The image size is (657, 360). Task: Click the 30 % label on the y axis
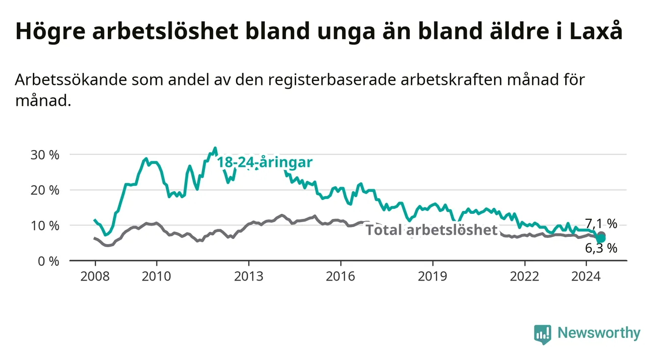45,155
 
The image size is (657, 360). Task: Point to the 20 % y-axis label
45,190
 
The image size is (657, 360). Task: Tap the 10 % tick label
45,226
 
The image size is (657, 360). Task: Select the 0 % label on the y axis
49,261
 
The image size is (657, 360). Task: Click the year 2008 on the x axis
95,277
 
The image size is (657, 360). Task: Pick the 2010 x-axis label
156,277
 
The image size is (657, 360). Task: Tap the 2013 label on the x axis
249,277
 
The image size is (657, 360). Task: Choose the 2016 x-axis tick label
341,277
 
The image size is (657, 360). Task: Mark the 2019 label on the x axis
432,277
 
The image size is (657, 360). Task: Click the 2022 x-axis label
525,277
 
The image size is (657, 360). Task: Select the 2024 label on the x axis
586,277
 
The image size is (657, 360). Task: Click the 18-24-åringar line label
265,162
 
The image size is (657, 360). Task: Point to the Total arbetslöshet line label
432,230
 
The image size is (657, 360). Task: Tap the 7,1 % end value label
601,224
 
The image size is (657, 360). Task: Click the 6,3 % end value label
601,249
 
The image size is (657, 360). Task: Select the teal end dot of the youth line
601,238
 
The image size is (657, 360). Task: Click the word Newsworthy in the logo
599,333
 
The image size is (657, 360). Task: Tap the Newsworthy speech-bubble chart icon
543,334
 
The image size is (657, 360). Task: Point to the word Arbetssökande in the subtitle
71,80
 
